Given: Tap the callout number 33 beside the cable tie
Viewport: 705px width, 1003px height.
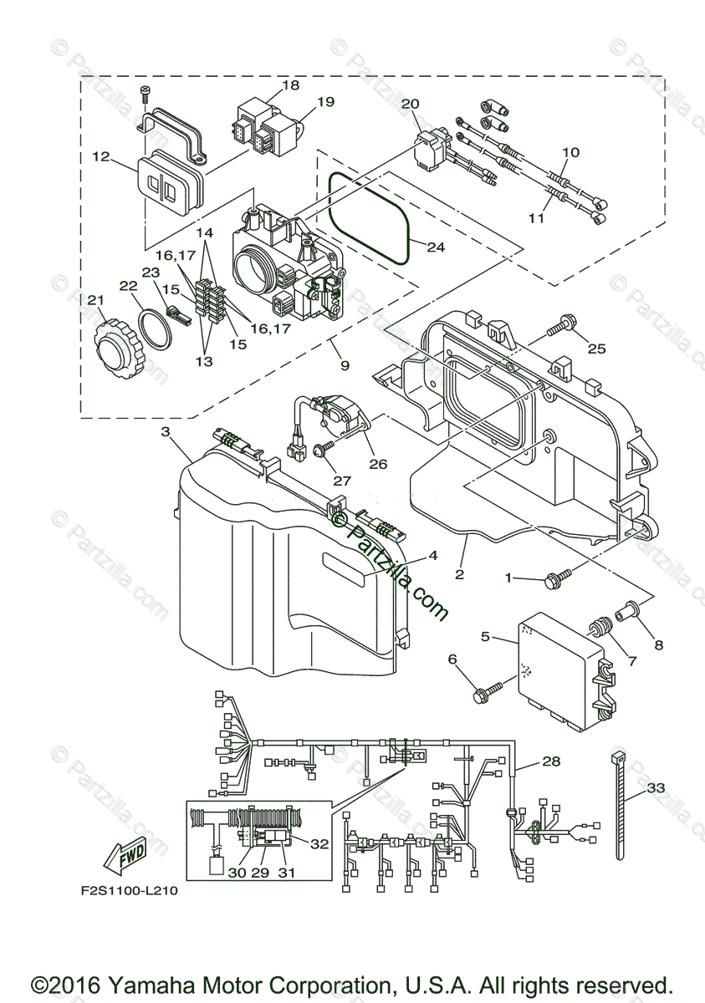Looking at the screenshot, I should point(656,787).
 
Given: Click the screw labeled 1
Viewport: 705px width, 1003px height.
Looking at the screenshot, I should point(556,577).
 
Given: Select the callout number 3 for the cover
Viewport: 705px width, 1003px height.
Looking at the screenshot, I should point(166,432).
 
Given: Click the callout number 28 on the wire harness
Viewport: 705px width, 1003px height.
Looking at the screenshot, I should point(550,761).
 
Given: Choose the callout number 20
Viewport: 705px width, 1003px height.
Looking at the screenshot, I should point(410,104).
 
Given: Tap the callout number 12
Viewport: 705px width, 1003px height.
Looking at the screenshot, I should point(101,155).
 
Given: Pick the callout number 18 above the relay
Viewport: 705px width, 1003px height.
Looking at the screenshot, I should point(290,85).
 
